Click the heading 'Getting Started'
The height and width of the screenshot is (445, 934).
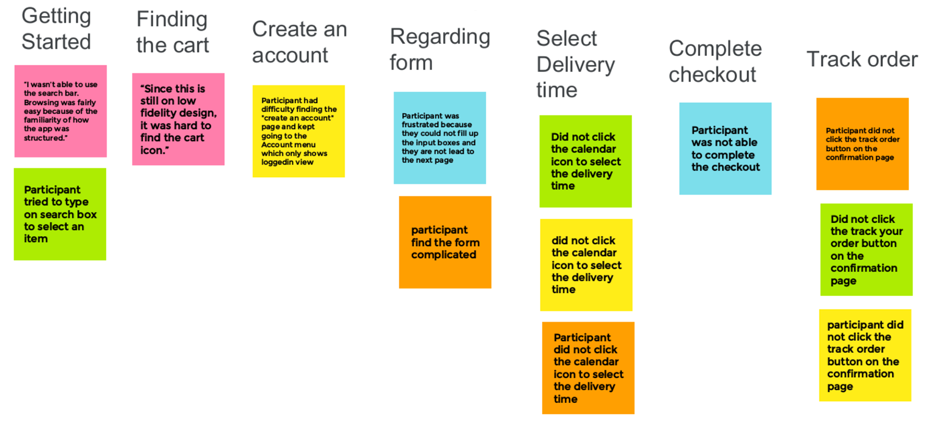click(56, 29)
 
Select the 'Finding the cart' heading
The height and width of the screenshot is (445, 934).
click(172, 32)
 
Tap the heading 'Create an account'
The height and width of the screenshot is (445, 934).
click(299, 42)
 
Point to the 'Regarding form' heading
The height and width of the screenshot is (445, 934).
click(440, 50)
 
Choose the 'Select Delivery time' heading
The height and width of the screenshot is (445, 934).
click(575, 64)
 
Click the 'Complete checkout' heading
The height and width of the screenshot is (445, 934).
click(715, 61)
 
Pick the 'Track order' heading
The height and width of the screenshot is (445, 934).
click(862, 59)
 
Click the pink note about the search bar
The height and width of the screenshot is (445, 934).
click(60, 111)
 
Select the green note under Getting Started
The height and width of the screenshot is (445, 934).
click(60, 214)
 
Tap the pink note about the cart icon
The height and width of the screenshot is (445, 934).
click(178, 119)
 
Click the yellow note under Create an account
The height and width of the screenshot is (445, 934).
click(299, 131)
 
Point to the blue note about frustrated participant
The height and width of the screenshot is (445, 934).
click(440, 138)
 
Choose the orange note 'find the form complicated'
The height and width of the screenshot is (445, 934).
click(445, 242)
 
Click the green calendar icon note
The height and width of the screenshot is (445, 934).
click(586, 161)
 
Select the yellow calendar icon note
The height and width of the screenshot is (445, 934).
click(586, 265)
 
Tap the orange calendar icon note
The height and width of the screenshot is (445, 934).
click(588, 368)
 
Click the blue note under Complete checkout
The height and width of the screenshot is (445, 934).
click(725, 149)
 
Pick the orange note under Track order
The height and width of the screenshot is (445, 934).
click(862, 144)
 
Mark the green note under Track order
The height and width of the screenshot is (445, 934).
click(866, 249)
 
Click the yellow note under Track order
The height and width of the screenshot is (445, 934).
click(865, 356)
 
